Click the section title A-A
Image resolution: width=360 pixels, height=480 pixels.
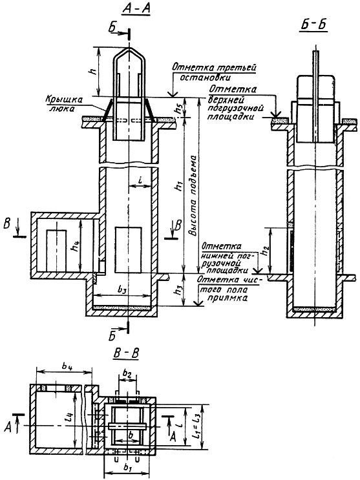[x=136, y=10]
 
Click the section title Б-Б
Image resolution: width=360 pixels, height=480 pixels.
[x=313, y=25]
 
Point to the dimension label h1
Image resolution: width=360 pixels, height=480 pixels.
[x=177, y=187]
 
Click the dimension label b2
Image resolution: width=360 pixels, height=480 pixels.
[x=127, y=373]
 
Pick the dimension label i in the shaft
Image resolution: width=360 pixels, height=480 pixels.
[x=140, y=181]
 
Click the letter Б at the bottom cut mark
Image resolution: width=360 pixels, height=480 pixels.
[x=112, y=337]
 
